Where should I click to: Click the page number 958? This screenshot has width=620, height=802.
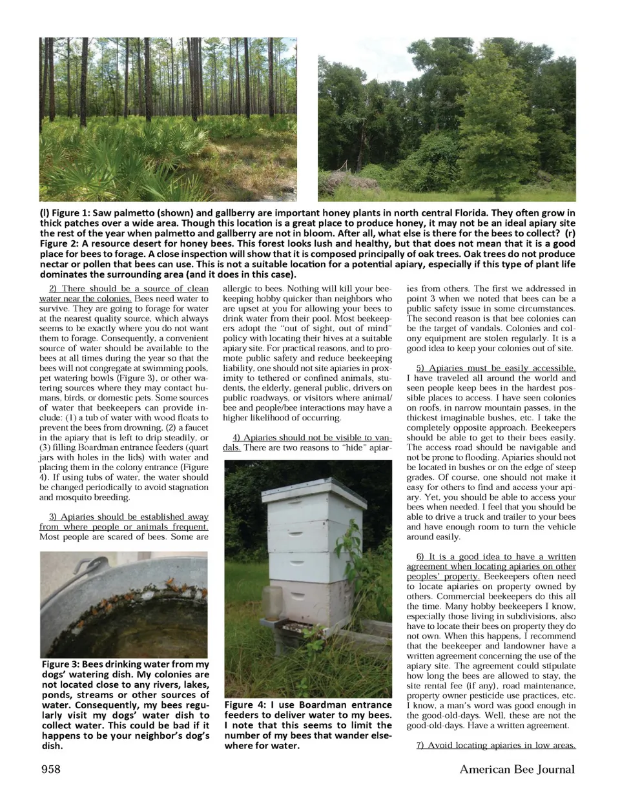coord(51,769)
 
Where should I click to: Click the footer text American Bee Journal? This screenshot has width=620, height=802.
coord(517,769)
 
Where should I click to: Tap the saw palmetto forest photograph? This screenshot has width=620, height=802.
coord(168,119)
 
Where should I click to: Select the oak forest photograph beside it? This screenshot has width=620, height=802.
coord(446,119)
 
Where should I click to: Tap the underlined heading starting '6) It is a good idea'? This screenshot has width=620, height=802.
coord(491,566)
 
